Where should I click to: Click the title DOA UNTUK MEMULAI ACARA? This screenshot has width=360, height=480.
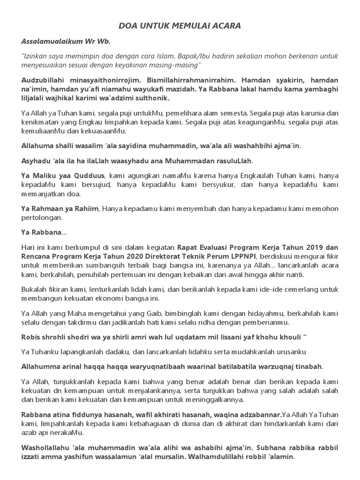coord(180,26)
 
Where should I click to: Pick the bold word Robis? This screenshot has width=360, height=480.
coord(31,337)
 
